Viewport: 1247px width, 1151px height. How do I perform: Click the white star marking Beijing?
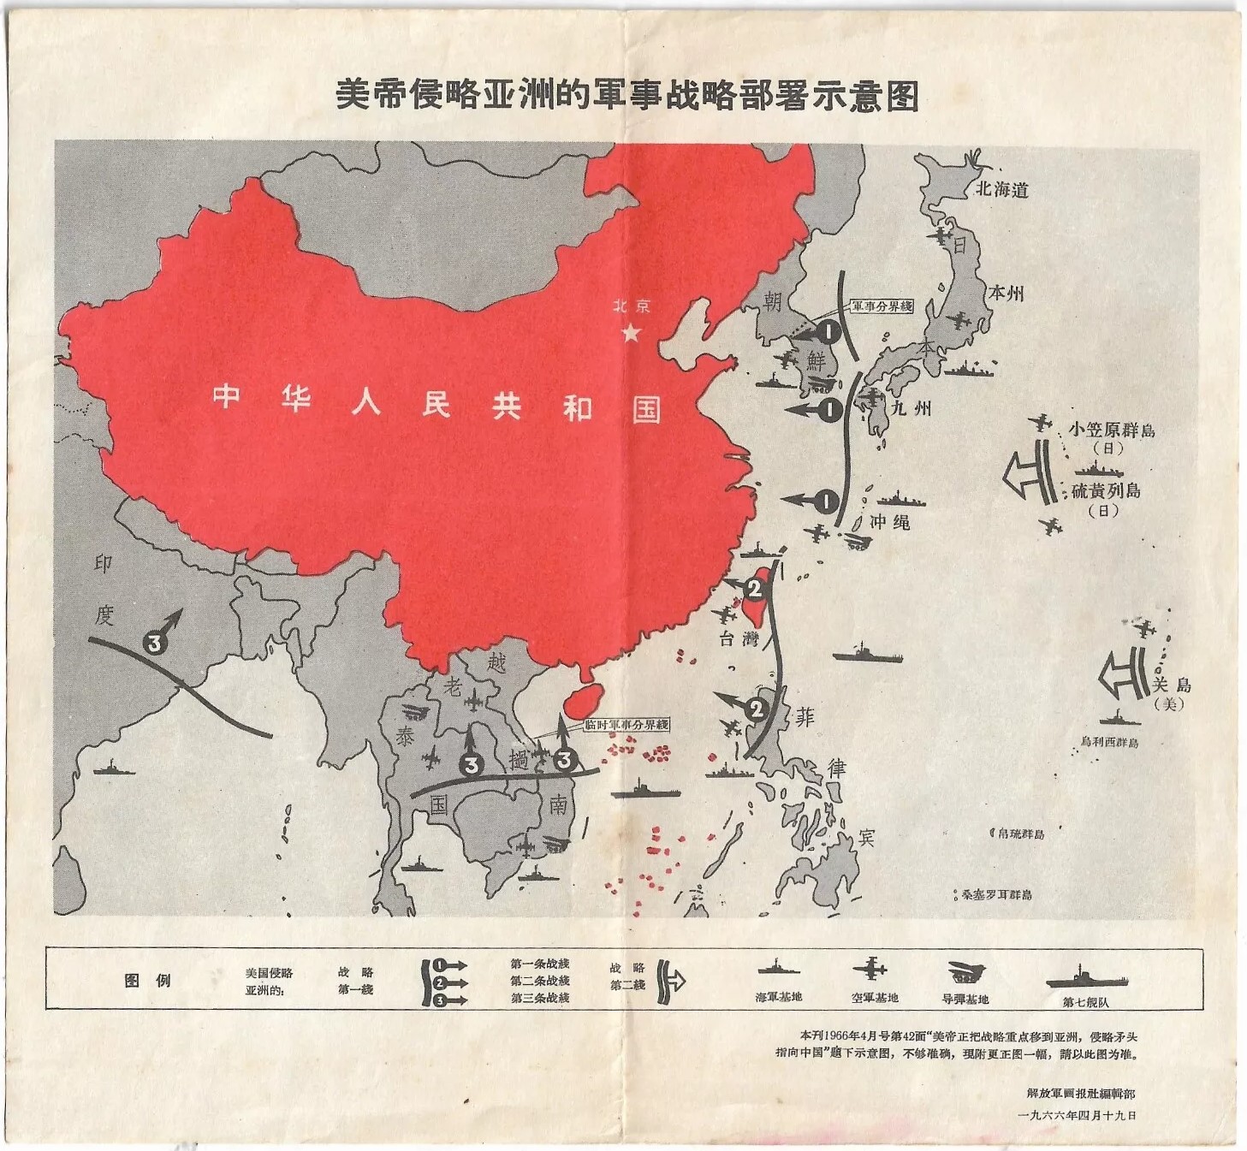coord(631,333)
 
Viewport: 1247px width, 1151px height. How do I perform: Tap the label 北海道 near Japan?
coord(1001,189)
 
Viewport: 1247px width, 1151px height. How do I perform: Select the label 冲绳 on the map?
coord(890,521)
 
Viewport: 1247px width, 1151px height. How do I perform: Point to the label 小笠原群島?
coord(1111,430)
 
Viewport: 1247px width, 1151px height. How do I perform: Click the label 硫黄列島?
coord(1106,490)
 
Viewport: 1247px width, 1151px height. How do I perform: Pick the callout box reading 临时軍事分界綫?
coord(626,725)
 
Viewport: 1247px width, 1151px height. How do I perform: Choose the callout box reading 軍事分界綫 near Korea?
coord(882,306)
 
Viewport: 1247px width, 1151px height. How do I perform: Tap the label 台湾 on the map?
coord(739,638)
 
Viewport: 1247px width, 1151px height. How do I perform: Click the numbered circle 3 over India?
coord(154,643)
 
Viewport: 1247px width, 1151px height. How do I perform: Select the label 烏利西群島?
coord(1109,742)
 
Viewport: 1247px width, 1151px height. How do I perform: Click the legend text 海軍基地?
coord(778,997)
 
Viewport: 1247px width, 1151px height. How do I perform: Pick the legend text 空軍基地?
coord(874,997)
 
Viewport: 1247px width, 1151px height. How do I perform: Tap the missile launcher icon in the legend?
coord(966,972)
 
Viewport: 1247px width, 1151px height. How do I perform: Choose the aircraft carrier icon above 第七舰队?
coord(1085,978)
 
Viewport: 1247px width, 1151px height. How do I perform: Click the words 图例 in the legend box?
coord(147,981)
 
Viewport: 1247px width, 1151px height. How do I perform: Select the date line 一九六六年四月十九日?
coord(1077,1115)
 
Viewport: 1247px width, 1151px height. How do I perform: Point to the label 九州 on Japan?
coord(911,407)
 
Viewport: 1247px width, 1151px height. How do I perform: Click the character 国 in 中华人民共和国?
coord(646,410)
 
